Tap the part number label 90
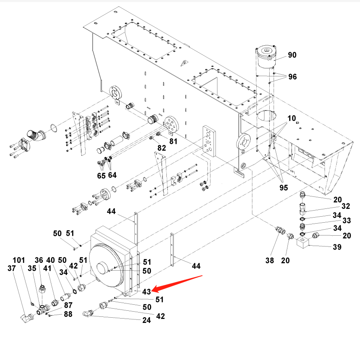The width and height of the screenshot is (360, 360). point(293,55)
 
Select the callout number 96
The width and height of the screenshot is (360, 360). point(293,77)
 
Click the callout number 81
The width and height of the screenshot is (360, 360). point(173,141)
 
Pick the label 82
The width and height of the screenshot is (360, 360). point(161,148)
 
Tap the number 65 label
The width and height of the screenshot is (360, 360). point(102,175)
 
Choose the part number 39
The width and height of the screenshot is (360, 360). point(337,247)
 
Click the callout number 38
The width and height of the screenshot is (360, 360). point(269,260)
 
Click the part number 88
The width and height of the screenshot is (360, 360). point(68,314)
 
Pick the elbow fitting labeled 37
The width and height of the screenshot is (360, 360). point(26,318)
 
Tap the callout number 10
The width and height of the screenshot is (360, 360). point(291,118)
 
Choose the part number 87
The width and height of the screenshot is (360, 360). point(68,305)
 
